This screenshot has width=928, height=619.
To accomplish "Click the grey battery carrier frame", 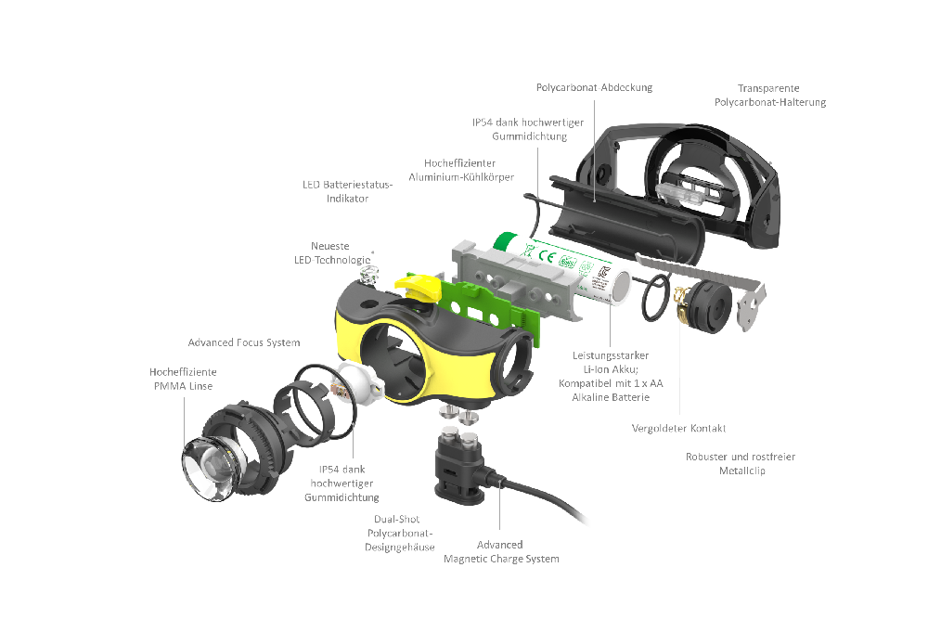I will pos(520,278).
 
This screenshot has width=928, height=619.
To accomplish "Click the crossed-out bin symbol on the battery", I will pos(525,251).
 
